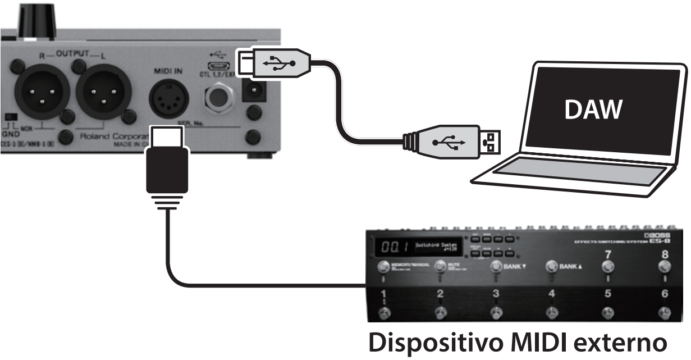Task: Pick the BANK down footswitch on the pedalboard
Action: click(x=496, y=267)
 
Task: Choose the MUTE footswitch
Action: click(x=440, y=267)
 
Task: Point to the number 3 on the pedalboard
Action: click(x=496, y=294)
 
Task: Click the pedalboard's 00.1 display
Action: click(x=391, y=247)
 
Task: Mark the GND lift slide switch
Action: click(x=10, y=117)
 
